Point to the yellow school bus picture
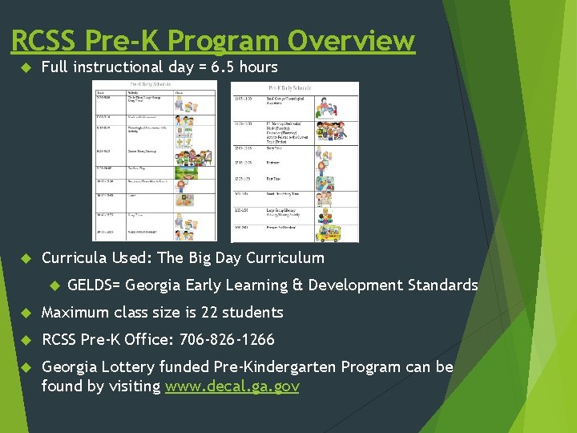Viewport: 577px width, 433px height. [327, 233]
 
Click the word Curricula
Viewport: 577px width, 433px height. [75, 258]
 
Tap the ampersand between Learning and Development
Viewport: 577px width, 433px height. [299, 285]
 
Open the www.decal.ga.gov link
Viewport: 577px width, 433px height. [232, 386]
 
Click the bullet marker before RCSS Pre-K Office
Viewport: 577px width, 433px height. [24, 340]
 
